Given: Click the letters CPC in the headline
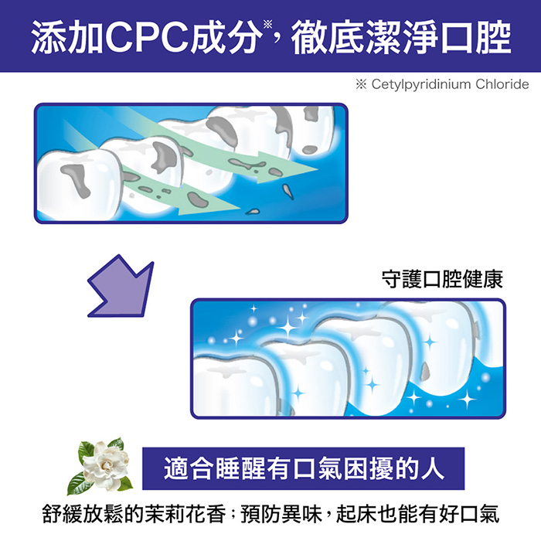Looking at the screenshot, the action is pyautogui.click(x=148, y=36).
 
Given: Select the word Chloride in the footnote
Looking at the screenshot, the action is pyautogui.click(x=502, y=83).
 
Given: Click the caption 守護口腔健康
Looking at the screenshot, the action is pyautogui.click(x=442, y=280).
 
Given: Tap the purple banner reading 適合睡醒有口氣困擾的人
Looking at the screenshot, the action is pyautogui.click(x=303, y=468).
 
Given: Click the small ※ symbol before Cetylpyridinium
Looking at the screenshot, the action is pyautogui.click(x=361, y=84).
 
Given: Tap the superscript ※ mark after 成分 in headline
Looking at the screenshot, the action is pyautogui.click(x=267, y=24).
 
